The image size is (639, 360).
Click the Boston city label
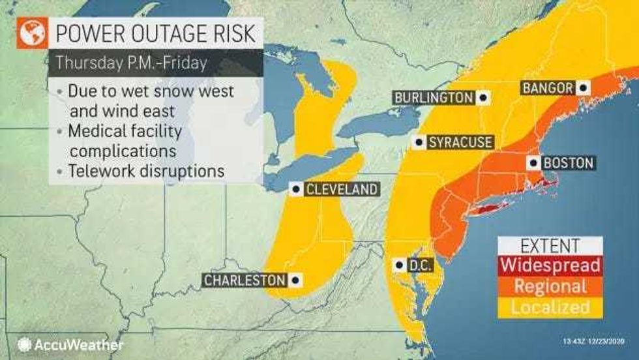(568, 163)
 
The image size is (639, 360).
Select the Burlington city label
(434, 98)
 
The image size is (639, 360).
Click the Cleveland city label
(341, 190)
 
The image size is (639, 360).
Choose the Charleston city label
(245, 280)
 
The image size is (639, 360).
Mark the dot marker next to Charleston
(296, 280)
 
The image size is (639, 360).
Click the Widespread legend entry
(549, 265)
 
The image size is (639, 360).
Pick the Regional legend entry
(549, 286)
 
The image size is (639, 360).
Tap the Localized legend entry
(549, 307)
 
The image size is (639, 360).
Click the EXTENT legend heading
(549, 245)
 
